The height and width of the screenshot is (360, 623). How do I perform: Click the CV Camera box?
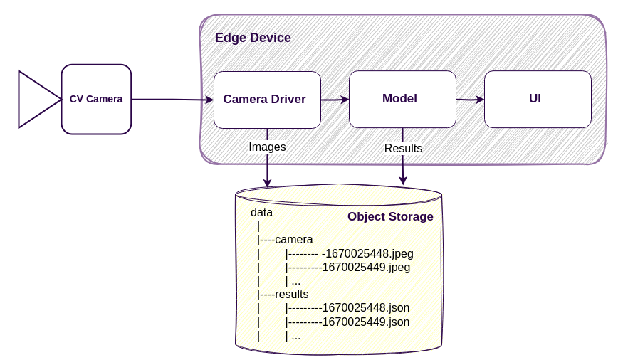click(96, 99)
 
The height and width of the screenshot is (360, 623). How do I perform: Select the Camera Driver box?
click(264, 100)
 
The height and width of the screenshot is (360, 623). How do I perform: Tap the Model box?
click(402, 99)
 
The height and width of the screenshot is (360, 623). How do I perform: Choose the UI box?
click(537, 99)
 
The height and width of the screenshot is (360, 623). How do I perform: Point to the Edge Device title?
click(253, 38)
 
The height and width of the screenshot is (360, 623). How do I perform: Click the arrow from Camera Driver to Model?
click(335, 100)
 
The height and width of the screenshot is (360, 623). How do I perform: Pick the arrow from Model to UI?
click(470, 100)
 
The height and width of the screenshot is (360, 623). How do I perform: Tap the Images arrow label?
click(267, 147)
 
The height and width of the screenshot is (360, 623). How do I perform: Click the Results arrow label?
click(403, 148)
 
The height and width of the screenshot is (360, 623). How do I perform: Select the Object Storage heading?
click(390, 216)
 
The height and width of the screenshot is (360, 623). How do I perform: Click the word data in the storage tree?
click(261, 212)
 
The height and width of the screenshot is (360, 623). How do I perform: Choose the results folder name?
click(292, 294)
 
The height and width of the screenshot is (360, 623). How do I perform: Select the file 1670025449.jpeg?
click(366, 268)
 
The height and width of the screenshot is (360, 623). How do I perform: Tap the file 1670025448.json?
click(366, 308)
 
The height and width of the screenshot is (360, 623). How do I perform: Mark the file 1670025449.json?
click(366, 322)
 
